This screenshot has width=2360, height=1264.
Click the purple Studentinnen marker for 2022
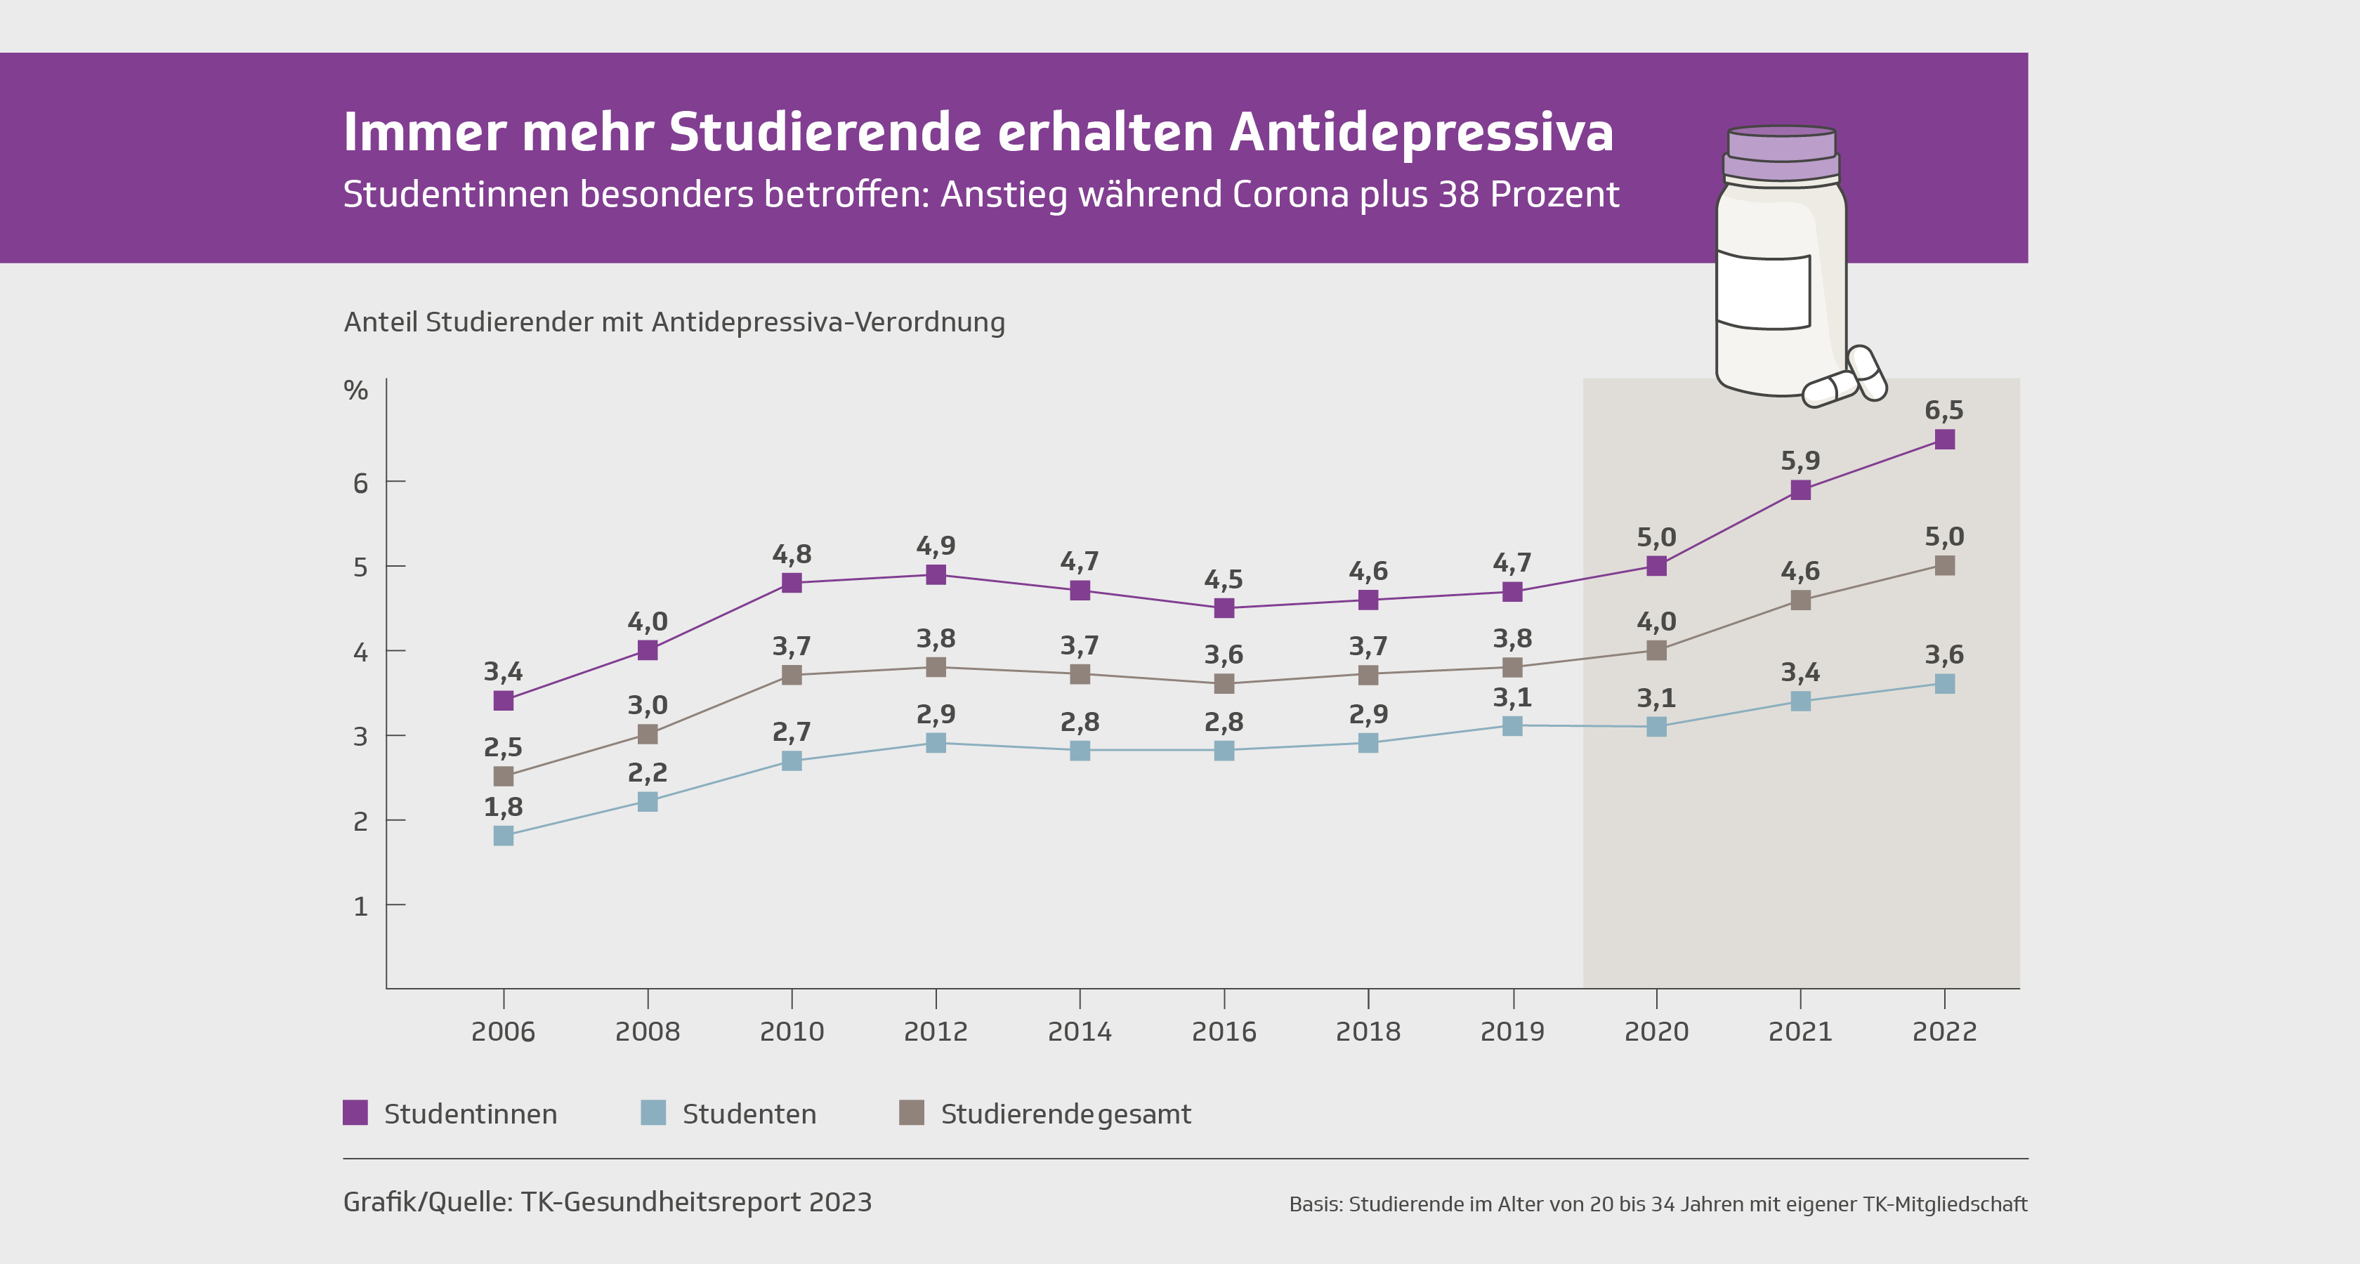click(1944, 440)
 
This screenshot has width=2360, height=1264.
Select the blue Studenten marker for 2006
click(503, 836)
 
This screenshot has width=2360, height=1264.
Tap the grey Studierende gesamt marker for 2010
click(792, 675)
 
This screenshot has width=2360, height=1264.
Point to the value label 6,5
click(1944, 410)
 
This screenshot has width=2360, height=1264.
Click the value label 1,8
click(503, 807)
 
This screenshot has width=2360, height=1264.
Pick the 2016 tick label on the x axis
click(1224, 1032)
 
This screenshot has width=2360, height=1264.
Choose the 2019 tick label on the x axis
click(1512, 1032)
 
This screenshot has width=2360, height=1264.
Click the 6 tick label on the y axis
click(360, 482)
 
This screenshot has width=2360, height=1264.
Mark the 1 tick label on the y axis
click(360, 907)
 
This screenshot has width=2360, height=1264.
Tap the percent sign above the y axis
click(355, 390)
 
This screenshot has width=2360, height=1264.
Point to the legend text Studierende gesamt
click(1066, 1114)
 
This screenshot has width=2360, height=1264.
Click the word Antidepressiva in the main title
click(1421, 132)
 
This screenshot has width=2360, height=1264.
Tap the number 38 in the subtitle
click(1457, 195)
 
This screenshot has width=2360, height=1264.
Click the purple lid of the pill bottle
click(1781, 154)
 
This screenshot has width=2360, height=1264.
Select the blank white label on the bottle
click(1763, 290)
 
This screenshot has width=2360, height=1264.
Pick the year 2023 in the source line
click(840, 1202)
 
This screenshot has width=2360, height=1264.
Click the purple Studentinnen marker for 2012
click(936, 575)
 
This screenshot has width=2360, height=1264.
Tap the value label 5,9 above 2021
click(1800, 461)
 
